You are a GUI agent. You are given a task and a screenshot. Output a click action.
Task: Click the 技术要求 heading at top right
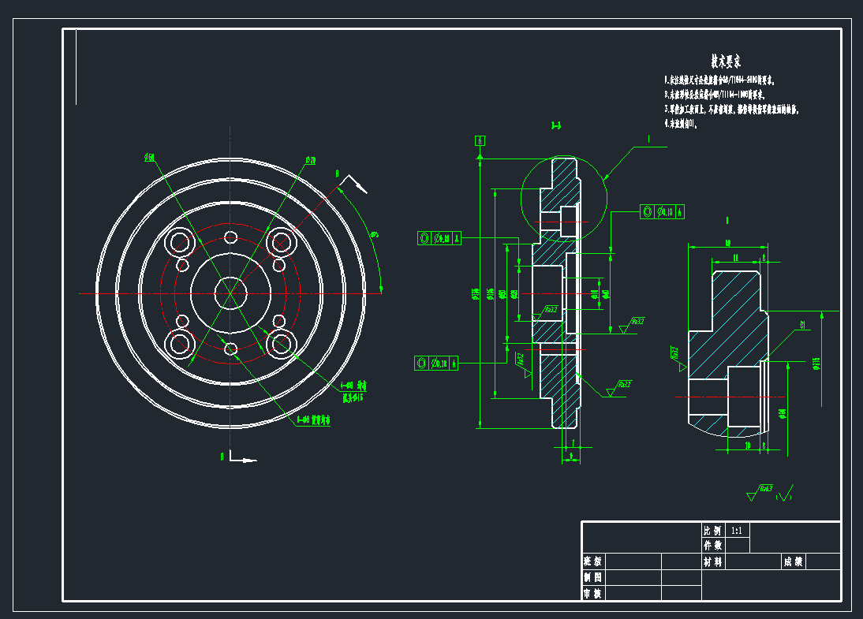pos(725,61)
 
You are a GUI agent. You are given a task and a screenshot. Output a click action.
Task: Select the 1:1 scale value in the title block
pos(737,531)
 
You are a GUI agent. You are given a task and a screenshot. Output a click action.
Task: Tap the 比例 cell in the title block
pos(712,531)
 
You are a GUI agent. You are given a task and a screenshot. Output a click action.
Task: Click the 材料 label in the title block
pos(712,561)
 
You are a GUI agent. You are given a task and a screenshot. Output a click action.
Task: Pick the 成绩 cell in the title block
pos(793,561)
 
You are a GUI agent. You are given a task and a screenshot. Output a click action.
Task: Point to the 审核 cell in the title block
pos(592,593)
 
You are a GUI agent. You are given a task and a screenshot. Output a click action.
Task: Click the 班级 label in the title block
pos(592,561)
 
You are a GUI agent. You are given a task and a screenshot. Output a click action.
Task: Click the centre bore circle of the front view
pos(231,293)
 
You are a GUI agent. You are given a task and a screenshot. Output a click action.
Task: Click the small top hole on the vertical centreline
pos(231,237)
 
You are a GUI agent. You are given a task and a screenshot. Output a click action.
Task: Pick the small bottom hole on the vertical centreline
pos(231,349)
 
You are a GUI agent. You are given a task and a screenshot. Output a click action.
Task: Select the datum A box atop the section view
pos(480,140)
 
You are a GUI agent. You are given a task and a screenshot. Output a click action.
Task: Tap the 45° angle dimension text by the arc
pos(374,233)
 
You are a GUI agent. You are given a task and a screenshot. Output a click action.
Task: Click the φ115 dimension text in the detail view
pos(816,363)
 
